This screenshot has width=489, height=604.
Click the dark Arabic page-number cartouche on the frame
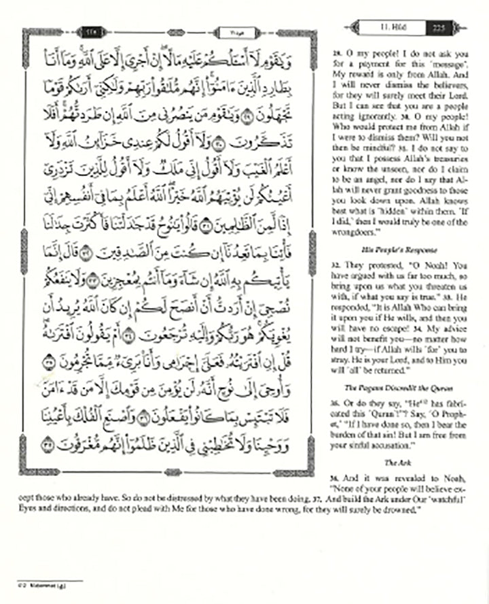click(x=91, y=31)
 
